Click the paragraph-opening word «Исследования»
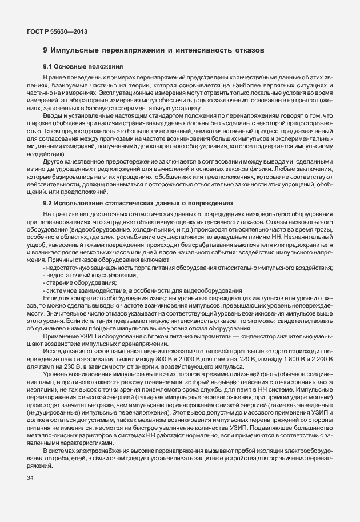pyautogui.click(x=62, y=342)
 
